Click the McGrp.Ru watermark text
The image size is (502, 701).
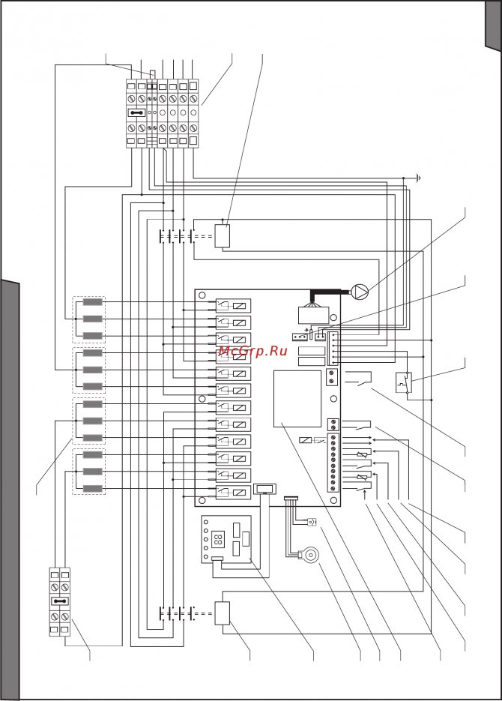pyautogui.click(x=253, y=350)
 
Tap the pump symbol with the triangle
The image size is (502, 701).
pyautogui.click(x=358, y=291)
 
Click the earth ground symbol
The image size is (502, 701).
pyautogui.click(x=419, y=178)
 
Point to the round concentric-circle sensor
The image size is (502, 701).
pyautogui.click(x=308, y=556)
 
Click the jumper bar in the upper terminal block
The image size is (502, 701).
pyautogui.click(x=136, y=113)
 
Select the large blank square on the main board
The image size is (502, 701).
pyautogui.click(x=298, y=397)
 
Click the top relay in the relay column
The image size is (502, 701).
pyautogui.click(x=232, y=305)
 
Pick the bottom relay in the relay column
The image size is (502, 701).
pyautogui.click(x=232, y=492)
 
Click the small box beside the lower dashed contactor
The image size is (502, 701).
pyautogui.click(x=223, y=613)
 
